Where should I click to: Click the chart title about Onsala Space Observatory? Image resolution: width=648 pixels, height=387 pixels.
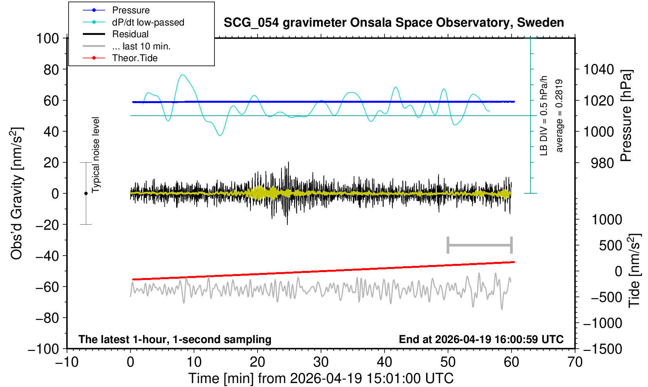pyautogui.click(x=394, y=22)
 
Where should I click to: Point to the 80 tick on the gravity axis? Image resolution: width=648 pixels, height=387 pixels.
pyautogui.click(x=51, y=69)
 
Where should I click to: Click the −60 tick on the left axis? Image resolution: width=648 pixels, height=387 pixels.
pyautogui.click(x=47, y=287)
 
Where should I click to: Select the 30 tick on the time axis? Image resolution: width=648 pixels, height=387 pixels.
pyautogui.click(x=321, y=362)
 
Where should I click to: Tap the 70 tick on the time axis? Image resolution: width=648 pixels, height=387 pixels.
pyautogui.click(x=575, y=362)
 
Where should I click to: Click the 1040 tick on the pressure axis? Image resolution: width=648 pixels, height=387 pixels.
pyautogui.click(x=599, y=69)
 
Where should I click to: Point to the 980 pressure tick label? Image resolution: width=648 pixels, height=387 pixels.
pyautogui.click(x=602, y=163)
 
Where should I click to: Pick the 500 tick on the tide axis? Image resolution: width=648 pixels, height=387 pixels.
pyautogui.click(x=610, y=245)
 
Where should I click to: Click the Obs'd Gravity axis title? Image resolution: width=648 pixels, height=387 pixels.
pyautogui.click(x=16, y=193)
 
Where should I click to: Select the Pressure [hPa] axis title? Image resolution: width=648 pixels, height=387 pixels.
pyautogui.click(x=626, y=116)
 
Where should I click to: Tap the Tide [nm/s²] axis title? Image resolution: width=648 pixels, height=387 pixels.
pyautogui.click(x=634, y=271)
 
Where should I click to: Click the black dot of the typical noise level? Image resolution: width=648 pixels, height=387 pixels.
pyautogui.click(x=86, y=193)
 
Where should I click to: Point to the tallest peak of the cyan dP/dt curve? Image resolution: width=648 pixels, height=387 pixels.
pyautogui.click(x=182, y=74)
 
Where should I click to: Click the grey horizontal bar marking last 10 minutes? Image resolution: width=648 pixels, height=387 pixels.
pyautogui.click(x=480, y=245)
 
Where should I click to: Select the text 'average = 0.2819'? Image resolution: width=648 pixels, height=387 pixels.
pyautogui.click(x=559, y=116)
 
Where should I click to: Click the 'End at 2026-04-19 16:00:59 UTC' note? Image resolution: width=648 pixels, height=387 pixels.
pyautogui.click(x=481, y=339)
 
